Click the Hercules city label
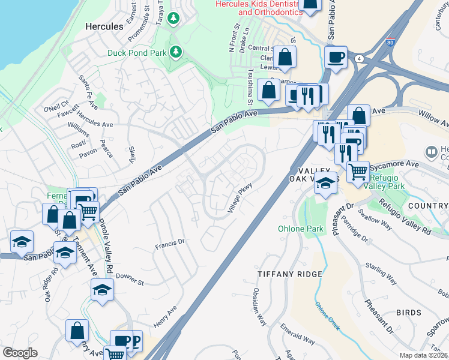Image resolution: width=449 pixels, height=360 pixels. (104, 26)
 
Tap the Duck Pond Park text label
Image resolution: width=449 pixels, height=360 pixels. (136, 52)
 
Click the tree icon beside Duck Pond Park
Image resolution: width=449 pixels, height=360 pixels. (176, 52)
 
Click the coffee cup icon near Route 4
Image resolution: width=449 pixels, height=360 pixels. (336, 58)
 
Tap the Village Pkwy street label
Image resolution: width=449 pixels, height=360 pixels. (239, 199)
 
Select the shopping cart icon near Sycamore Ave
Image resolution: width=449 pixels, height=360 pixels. (358, 172)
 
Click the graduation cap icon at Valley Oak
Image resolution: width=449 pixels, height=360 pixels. (325, 183)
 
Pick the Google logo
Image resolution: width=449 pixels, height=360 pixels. (20, 353)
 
